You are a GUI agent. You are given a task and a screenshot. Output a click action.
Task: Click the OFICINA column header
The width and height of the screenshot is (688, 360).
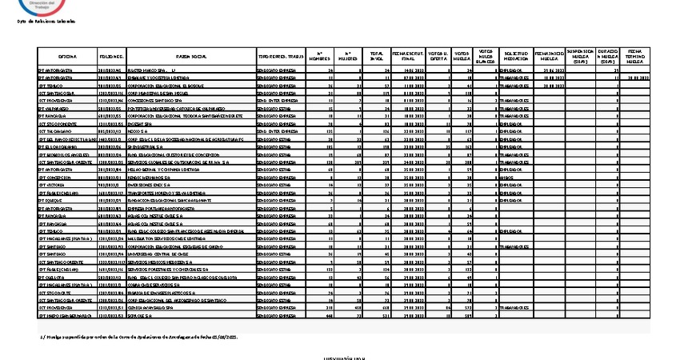tap(67, 58)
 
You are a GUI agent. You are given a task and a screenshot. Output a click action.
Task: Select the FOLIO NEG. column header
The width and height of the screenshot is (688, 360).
tap(111, 58)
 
